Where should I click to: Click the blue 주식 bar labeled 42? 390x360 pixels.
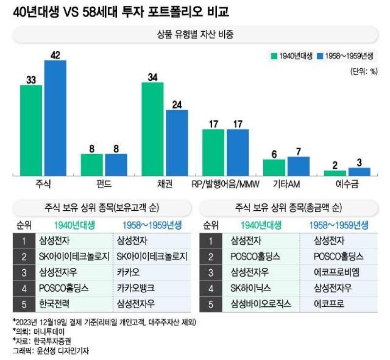tap(55, 118)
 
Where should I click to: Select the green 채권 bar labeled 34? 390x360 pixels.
tap(153, 129)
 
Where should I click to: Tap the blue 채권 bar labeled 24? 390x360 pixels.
tap(177, 143)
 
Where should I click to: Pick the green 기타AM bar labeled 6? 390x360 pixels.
tap(274, 167)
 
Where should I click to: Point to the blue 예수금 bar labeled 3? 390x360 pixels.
tap(359, 172)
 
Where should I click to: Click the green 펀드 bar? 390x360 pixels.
tap(92, 165)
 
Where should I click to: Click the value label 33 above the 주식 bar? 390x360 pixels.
tap(31, 80)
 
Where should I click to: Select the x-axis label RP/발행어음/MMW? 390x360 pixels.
tap(225, 184)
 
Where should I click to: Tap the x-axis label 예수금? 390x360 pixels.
tap(347, 184)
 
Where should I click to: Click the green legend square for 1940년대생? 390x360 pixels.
tap(274, 56)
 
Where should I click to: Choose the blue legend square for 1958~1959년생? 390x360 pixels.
tap(320, 56)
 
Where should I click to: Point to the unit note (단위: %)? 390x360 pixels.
tap(364, 71)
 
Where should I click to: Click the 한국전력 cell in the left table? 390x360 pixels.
tap(54, 304)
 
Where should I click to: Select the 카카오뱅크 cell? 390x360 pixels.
tap(136, 288)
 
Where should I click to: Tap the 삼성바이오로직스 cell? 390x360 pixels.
tap(261, 304)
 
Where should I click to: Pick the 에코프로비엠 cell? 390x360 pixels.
tap(336, 272)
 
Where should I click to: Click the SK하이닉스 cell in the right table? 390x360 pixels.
tap(251, 288)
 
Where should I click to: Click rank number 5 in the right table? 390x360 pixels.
tap(211, 304)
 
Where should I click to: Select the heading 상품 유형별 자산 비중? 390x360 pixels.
tap(195, 34)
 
